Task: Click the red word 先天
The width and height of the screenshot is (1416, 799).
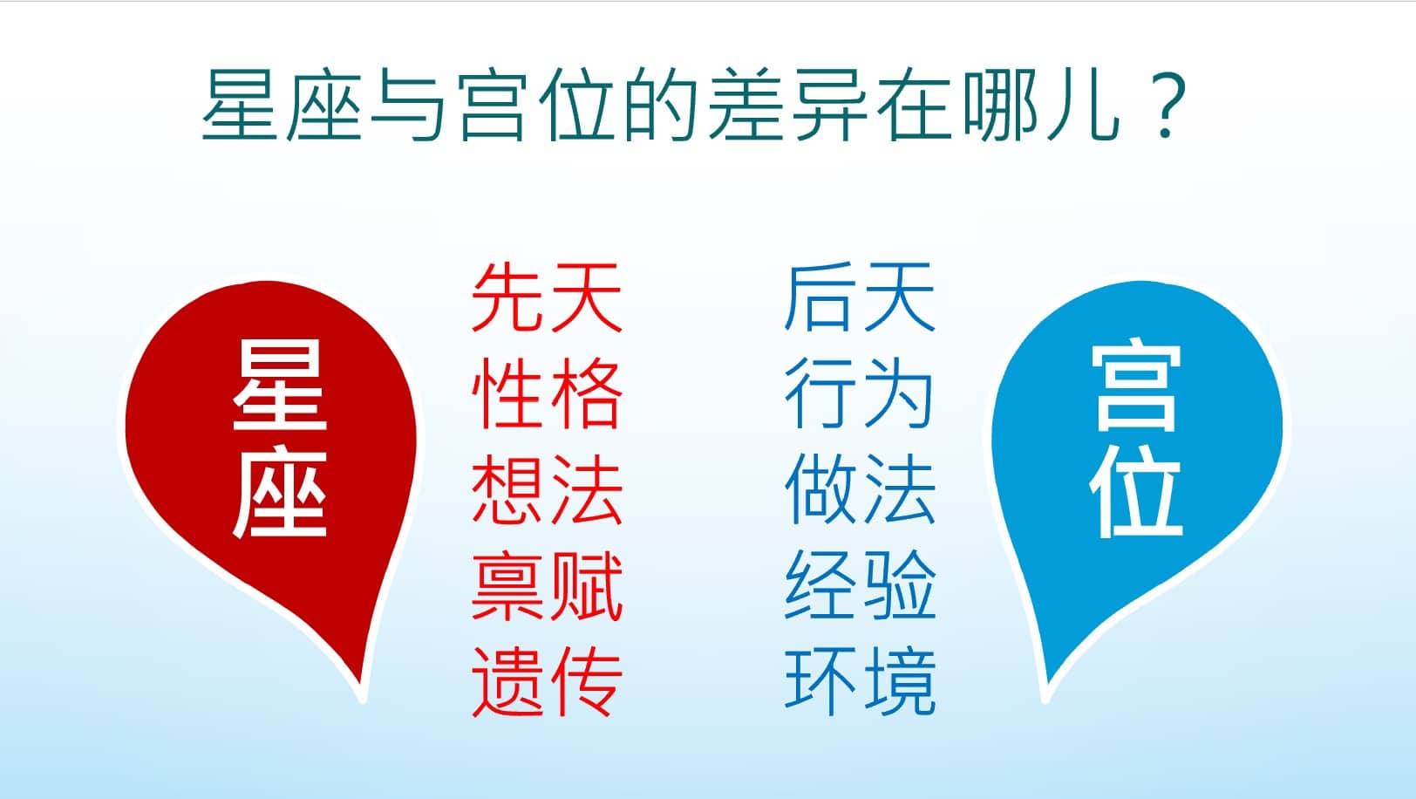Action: pos(548,297)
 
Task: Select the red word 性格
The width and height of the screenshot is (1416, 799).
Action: pos(548,393)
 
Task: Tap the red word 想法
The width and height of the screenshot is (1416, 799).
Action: pos(548,489)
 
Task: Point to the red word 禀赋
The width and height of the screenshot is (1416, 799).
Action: pos(548,585)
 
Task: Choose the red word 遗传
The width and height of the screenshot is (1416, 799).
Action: pos(548,681)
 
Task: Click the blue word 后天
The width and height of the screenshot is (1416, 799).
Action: pos(860,297)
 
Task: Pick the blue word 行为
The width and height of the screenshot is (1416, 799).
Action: pos(860,393)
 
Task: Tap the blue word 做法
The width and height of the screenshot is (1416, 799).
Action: pos(860,489)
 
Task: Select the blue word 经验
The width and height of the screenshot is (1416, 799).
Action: pos(860,585)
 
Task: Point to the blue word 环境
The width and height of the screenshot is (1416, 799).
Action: pos(860,681)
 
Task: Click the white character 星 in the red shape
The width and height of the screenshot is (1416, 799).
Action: pos(280,385)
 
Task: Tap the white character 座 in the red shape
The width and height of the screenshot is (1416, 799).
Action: pos(280,494)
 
